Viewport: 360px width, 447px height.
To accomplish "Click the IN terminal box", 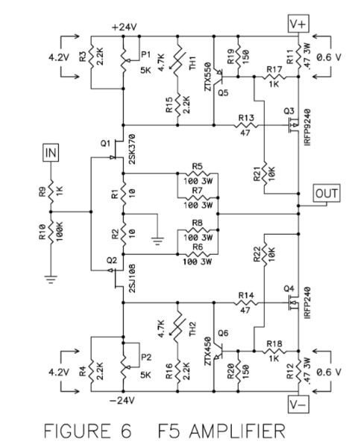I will click(52, 153).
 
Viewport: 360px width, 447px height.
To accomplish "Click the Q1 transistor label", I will click(105, 142).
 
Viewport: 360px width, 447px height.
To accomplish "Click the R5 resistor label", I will click(197, 166).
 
